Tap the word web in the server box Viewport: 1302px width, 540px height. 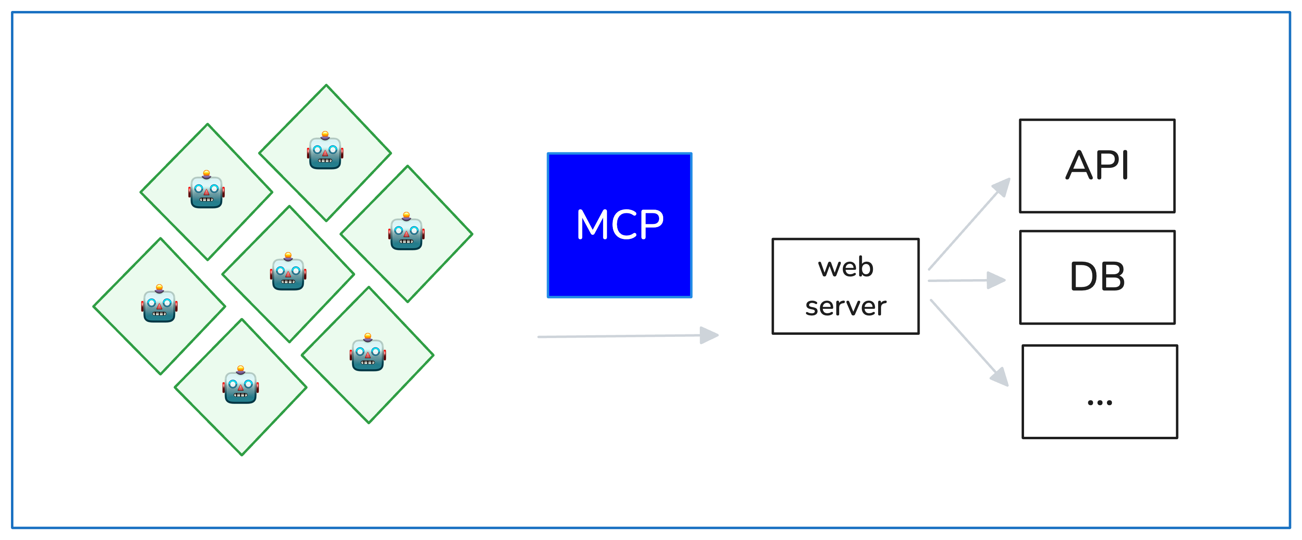coord(846,267)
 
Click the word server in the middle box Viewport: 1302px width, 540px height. coord(846,306)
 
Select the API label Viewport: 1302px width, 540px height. coord(1097,165)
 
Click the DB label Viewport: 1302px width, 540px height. coord(1097,277)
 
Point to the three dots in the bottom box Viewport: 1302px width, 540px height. coord(1100,403)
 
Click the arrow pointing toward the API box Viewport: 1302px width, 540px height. coord(970,224)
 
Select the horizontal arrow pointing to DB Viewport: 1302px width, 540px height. coord(966,280)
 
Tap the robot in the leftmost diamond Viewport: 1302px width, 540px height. coord(159,304)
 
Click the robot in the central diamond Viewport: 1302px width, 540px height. coord(288,272)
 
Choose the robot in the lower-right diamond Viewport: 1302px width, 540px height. coord(367,353)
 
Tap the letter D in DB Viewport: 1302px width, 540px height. coord(1083,277)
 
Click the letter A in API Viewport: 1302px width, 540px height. coord(1078,166)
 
